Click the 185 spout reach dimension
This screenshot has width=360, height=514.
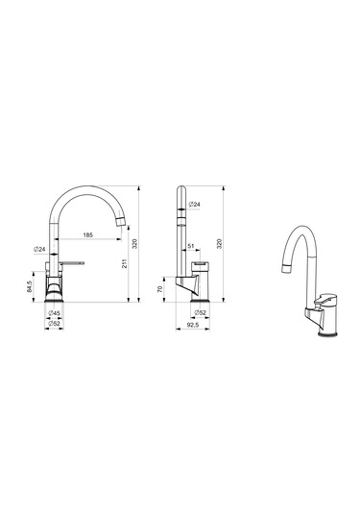pyautogui.click(x=87, y=234)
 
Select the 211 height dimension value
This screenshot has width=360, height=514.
pyautogui.click(x=125, y=263)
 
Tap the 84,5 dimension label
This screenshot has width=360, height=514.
pyautogui.click(x=29, y=286)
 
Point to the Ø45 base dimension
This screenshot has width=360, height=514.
pyautogui.click(x=54, y=313)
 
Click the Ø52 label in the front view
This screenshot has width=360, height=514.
pyautogui.click(x=54, y=324)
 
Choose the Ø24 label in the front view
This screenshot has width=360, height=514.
pyautogui.click(x=39, y=250)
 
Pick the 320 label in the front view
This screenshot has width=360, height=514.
pyautogui.click(x=134, y=244)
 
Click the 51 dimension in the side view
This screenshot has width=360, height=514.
pyautogui.click(x=191, y=246)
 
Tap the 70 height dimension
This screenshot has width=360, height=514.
pyautogui.click(x=160, y=289)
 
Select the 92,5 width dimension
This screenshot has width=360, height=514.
pyautogui.click(x=193, y=324)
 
